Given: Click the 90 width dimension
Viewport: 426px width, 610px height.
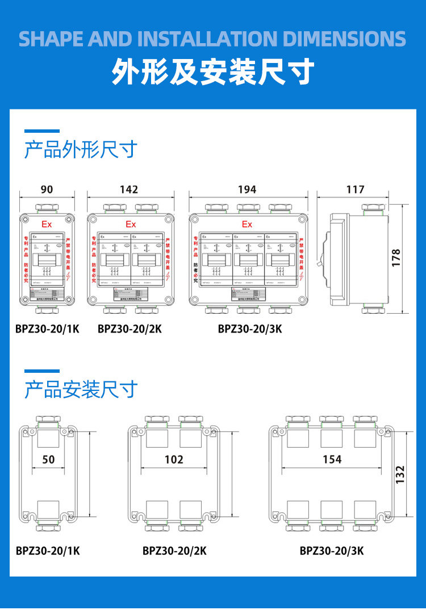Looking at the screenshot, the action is click(47, 190).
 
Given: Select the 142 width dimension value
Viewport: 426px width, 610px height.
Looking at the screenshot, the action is click(129, 190).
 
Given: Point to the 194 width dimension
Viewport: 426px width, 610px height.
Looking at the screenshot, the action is click(247, 190).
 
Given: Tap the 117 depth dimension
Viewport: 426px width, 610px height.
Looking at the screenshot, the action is click(356, 190).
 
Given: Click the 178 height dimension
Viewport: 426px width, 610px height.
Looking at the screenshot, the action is click(396, 258).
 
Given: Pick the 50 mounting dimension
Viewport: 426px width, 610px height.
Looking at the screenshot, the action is click(49, 459).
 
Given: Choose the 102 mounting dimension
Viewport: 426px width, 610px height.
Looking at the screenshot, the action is click(174, 459).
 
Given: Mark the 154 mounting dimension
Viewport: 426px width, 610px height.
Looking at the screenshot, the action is click(332, 459).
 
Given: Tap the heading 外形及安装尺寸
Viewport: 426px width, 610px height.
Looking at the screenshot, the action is click(213, 72).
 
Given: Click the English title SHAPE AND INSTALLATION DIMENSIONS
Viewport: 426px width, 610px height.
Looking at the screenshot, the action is click(213, 39).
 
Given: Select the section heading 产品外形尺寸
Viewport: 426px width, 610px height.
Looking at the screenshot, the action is click(81, 150).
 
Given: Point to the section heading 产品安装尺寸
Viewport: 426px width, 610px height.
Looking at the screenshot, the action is click(81, 390).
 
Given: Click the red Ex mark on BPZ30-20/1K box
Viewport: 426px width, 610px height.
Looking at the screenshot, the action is click(47, 224).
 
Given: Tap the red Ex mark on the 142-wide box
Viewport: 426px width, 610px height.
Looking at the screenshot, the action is click(131, 224).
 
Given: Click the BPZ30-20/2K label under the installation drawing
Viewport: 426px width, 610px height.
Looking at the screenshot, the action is click(174, 550).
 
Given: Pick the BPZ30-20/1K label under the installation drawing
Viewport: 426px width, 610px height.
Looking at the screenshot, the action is click(48, 550).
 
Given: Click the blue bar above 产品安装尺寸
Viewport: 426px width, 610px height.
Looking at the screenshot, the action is click(41, 371).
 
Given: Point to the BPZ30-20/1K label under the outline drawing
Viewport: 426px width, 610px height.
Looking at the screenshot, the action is click(48, 329).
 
